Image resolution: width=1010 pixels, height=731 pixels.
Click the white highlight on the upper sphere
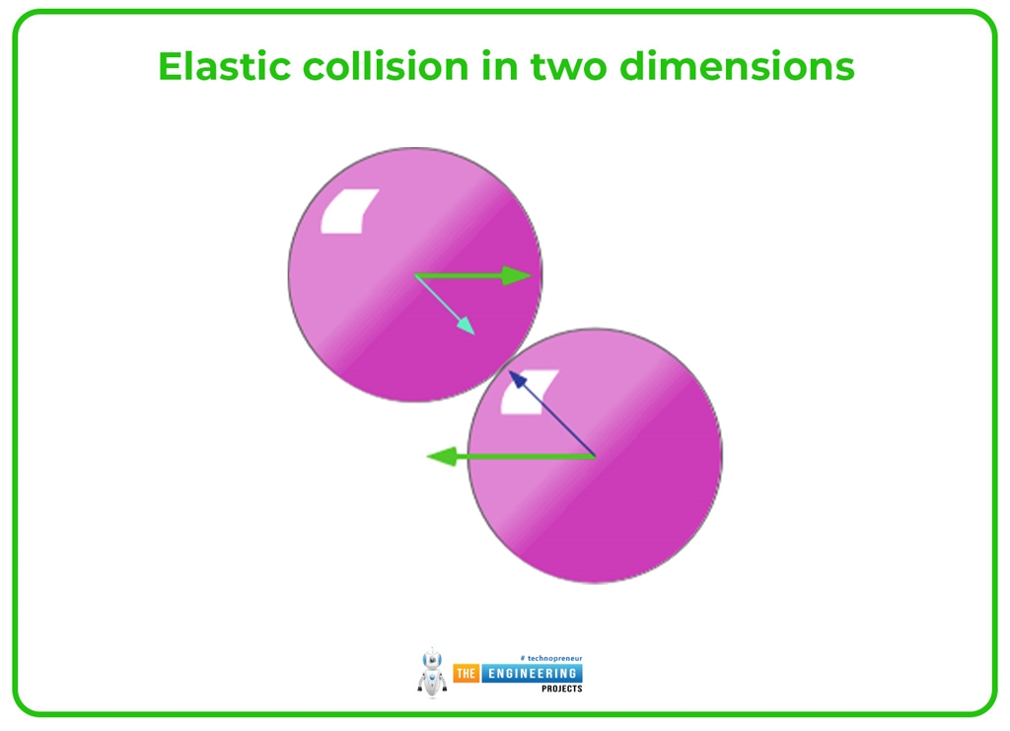pyautogui.click(x=349, y=211)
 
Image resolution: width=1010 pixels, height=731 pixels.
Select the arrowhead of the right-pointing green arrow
pyautogui.click(x=517, y=275)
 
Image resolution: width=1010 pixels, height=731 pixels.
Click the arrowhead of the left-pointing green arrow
pyautogui.click(x=442, y=456)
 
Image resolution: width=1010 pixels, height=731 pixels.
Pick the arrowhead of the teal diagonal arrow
pyautogui.click(x=467, y=327)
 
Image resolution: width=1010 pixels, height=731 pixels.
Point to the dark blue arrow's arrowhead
pyautogui.click(x=515, y=378)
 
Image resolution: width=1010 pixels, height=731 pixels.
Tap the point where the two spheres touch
pyautogui.click(x=504, y=365)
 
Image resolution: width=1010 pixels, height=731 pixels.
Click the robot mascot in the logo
pyautogui.click(x=431, y=673)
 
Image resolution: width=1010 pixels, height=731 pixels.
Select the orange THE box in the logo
pyautogui.click(x=466, y=673)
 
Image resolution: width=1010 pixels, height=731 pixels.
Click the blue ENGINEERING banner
pyautogui.click(x=531, y=673)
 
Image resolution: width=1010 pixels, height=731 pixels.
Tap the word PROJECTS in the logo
pyautogui.click(x=561, y=689)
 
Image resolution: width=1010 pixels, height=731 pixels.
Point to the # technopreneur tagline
pyautogui.click(x=550, y=657)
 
